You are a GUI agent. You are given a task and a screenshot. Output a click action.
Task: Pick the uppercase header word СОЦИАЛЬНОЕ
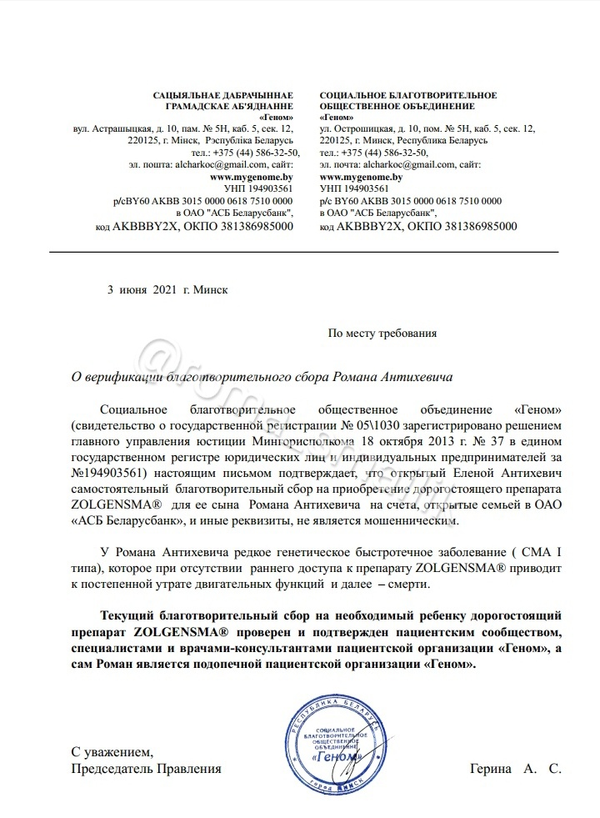tap(358, 95)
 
